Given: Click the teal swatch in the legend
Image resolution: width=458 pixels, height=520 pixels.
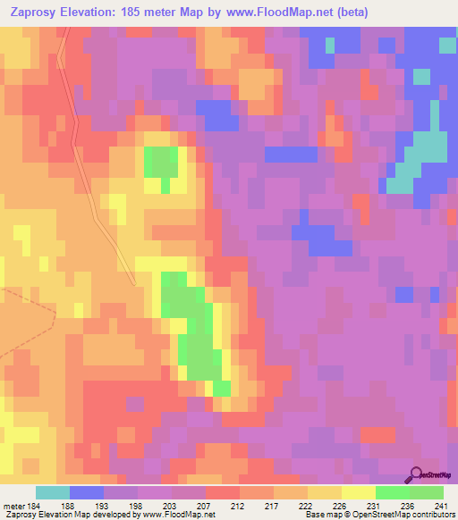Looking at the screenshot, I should (52, 492).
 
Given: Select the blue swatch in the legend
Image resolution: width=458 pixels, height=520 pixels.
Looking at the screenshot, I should (86, 492).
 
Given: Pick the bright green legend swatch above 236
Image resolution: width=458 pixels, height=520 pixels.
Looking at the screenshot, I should (392, 492).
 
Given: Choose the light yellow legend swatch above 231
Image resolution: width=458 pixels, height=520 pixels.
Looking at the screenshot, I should (358, 492).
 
